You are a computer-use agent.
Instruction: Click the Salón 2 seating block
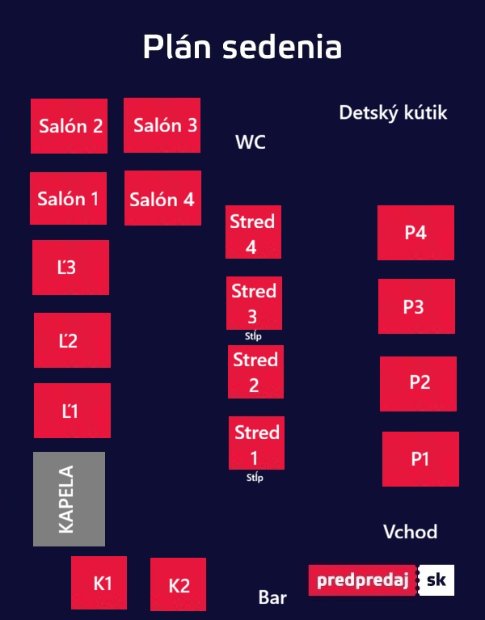coord(70,126)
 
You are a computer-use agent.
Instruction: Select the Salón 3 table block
coord(162,125)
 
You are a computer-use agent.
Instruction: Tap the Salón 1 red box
coord(69,198)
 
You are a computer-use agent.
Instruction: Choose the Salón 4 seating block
coord(162,198)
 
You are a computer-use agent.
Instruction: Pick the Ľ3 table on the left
coord(71,268)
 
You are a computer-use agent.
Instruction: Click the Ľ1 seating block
coord(72,411)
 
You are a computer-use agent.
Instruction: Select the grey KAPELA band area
coord(70,499)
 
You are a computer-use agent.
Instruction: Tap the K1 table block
coord(99,583)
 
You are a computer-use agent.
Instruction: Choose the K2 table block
coord(179,584)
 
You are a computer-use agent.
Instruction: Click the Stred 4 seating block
coord(253,232)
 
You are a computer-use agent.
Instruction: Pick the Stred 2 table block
coord(255,372)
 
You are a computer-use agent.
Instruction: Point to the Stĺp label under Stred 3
coord(253,336)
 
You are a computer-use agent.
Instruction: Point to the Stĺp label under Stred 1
coord(255,477)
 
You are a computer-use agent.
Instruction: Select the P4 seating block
coord(415,233)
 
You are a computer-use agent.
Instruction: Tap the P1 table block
coord(420,458)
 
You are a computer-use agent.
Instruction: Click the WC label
coord(251,141)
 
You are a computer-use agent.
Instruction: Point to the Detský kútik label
coord(393,112)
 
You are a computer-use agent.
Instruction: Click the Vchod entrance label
coord(411,531)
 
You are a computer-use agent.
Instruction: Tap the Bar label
coord(272,597)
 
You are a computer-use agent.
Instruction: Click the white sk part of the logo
coord(436,580)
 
